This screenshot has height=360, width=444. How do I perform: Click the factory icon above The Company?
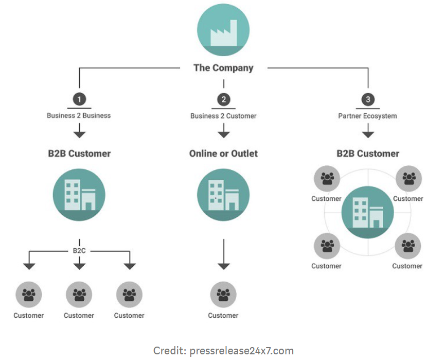[x=223, y=30]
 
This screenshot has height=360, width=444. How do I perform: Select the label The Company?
[x=223, y=67]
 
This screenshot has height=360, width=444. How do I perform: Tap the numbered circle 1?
[x=79, y=99]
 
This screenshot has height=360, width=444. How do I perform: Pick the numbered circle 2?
[x=223, y=99]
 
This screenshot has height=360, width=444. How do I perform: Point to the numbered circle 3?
[x=367, y=99]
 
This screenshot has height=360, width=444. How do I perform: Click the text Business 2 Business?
[x=79, y=115]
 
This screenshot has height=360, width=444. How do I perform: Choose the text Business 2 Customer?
[x=223, y=116]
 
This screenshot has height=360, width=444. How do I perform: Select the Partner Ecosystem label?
[x=367, y=116]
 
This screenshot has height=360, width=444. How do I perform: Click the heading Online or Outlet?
[x=223, y=153]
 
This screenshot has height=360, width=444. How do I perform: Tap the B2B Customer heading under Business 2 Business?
[x=79, y=153]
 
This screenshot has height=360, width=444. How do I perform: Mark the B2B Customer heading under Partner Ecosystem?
[x=368, y=153]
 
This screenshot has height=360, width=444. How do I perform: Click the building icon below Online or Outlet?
[x=223, y=195]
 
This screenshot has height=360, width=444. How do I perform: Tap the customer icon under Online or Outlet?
[x=223, y=295]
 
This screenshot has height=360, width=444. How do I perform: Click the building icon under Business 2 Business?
[x=79, y=195]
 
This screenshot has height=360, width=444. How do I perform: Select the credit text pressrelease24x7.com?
[x=223, y=351]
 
